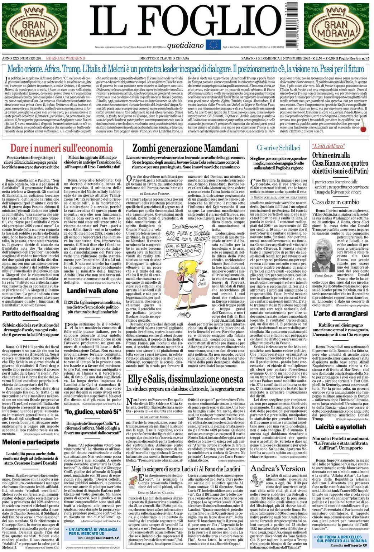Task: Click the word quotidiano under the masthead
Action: tap(185, 45)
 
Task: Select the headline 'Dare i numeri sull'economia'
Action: tap(61, 148)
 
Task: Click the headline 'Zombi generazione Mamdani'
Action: tap(186, 148)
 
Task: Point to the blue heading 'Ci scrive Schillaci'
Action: tap(278, 148)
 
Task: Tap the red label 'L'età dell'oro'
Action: tap(323, 146)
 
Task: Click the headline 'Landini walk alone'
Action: tap(92, 291)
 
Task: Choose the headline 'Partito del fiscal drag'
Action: tap(31, 313)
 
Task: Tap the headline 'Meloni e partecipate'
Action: tap(31, 442)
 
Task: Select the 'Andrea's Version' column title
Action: tap(278, 468)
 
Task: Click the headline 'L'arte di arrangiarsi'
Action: tap(340, 313)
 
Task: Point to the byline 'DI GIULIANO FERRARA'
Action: tap(154, 193)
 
